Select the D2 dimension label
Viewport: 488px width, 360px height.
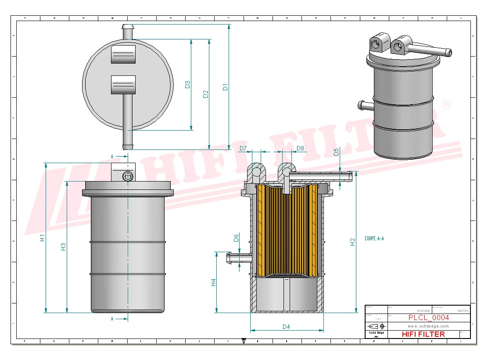[205, 94]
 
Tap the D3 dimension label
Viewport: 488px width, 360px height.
[187, 85]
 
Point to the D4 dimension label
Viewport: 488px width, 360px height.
[286, 327]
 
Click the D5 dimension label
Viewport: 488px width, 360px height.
[336, 152]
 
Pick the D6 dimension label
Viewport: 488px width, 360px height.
[236, 238]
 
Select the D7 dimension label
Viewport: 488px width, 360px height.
[244, 148]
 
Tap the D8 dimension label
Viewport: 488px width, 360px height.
[300, 148]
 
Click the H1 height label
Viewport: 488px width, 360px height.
[42, 238]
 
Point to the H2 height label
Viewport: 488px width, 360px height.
[352, 242]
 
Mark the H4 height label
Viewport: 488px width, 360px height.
[214, 282]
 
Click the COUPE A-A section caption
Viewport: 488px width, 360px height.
[374, 239]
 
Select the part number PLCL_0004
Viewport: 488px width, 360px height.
[428, 318]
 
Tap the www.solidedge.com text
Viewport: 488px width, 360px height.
[428, 326]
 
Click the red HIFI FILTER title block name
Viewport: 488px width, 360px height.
[423, 334]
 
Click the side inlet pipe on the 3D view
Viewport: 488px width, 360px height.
[365, 105]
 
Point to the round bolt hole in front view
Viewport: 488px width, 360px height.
[128, 177]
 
